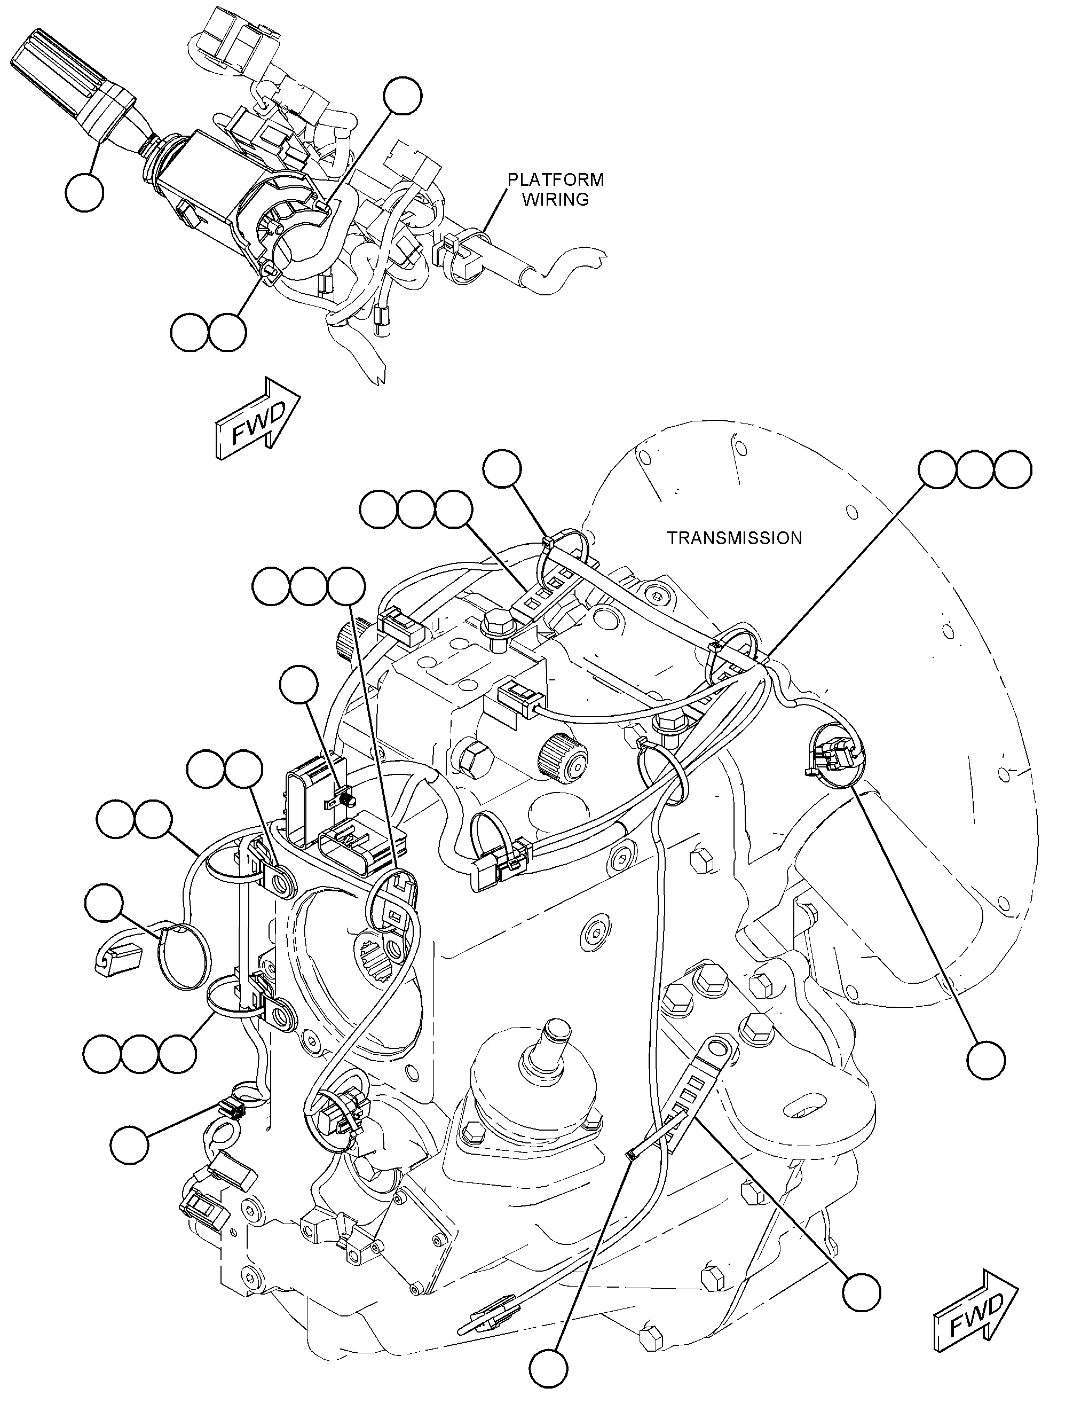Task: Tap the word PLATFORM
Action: (556, 179)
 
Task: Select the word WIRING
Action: (555, 200)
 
